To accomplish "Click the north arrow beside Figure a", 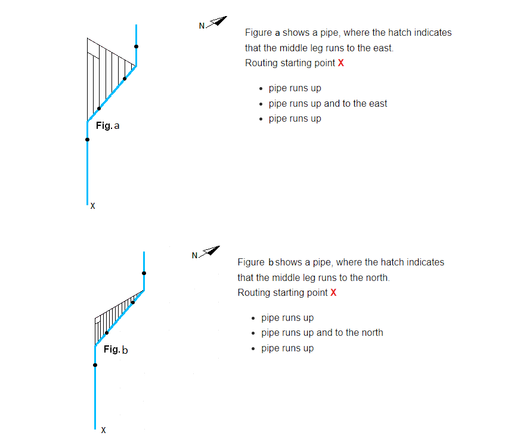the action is point(216,21).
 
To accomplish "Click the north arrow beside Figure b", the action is point(209,251).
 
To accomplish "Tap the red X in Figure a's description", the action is point(341,63).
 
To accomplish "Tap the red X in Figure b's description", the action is point(333,292).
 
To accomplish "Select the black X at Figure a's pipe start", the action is point(93,206).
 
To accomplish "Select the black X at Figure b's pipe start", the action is point(103,430).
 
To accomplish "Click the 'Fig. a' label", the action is point(107,126).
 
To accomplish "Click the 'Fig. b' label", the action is point(116,350).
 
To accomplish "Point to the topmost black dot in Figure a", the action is point(136,47).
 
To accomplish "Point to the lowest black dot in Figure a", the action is point(87,140).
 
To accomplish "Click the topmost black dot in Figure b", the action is point(144,273).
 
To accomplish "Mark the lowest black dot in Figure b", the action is point(95,365).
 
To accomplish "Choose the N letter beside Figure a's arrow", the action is point(202,26).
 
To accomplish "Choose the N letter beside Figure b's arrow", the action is point(194,256).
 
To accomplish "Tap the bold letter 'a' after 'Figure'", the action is point(277,33).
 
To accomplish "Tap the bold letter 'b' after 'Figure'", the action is point(271,262).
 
